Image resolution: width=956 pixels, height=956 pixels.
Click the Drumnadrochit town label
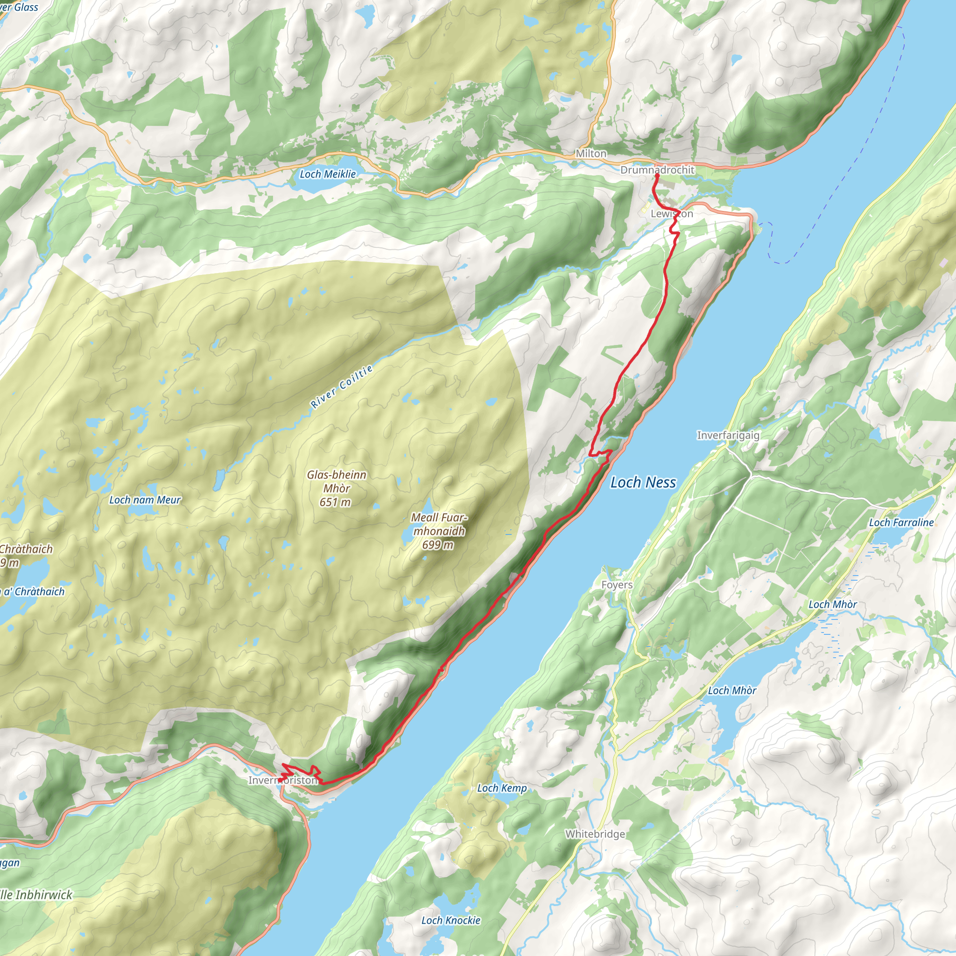click(657, 170)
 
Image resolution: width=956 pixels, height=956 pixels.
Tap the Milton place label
click(591, 154)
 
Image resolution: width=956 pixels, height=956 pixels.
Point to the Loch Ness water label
click(643, 483)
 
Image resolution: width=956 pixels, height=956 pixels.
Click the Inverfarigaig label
click(728, 436)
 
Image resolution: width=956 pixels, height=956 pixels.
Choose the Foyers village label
click(617, 585)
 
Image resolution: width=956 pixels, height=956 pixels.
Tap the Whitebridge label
click(595, 834)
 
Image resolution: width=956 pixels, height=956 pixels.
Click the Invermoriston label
click(282, 780)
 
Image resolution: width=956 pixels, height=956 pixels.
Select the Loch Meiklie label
click(328, 174)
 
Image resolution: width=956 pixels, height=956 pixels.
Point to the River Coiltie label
click(341, 387)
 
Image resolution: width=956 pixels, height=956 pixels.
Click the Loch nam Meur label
click(145, 500)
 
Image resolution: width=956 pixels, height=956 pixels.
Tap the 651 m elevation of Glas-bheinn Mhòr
click(335, 503)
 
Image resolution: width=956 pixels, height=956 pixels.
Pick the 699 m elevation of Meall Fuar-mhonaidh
click(437, 545)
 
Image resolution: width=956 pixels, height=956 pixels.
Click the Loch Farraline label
click(901, 522)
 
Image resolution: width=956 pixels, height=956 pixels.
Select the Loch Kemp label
click(502, 788)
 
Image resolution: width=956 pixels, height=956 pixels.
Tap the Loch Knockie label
click(451, 921)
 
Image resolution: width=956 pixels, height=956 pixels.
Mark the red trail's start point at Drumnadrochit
click(657, 176)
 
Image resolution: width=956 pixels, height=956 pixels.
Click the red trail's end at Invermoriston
click(281, 781)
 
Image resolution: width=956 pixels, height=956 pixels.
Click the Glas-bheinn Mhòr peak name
click(337, 481)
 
